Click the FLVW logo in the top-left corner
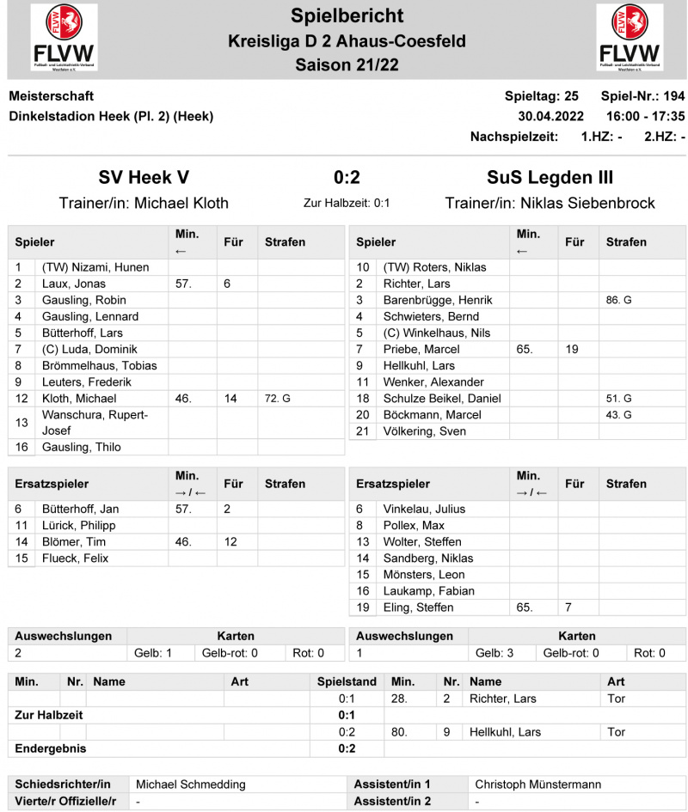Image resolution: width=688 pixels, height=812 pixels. coord(64,37)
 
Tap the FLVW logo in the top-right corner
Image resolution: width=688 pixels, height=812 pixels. coord(630,37)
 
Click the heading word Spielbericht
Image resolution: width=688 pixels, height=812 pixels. coord(347,15)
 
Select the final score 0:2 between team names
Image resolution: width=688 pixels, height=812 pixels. coord(347,178)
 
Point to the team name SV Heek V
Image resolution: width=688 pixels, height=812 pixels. coord(144,178)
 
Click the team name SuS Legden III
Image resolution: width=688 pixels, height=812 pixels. coord(550,178)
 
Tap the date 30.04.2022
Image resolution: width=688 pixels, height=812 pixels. coord(550,116)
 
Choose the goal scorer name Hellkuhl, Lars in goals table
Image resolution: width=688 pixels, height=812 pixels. coord(505,732)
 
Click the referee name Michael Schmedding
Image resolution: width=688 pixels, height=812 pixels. coord(191,785)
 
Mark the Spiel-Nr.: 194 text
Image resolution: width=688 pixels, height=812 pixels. coord(642,95)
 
